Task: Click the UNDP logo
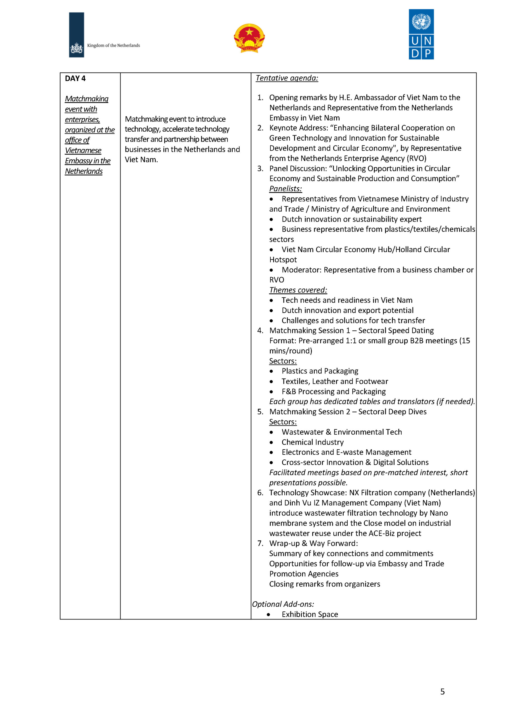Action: [x=421, y=34]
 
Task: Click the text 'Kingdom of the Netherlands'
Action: [x=113, y=45]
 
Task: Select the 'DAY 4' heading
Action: [x=75, y=78]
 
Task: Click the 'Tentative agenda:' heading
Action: [x=287, y=78]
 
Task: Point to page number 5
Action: [x=443, y=692]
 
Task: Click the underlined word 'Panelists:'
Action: [x=285, y=189]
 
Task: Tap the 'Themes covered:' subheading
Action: [x=298, y=290]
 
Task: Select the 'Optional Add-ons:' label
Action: [x=283, y=604]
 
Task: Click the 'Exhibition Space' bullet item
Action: [x=310, y=614]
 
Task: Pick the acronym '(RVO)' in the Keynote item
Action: [x=416, y=158]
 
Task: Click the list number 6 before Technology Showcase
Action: [x=260, y=493]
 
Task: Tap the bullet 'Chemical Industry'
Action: [x=312, y=442]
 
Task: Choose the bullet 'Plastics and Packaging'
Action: [x=320, y=371]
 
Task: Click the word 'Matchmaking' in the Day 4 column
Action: [x=86, y=99]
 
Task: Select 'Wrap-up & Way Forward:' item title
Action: [x=313, y=544]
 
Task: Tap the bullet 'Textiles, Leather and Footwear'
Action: [x=335, y=381]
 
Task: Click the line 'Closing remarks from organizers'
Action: [x=324, y=584]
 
